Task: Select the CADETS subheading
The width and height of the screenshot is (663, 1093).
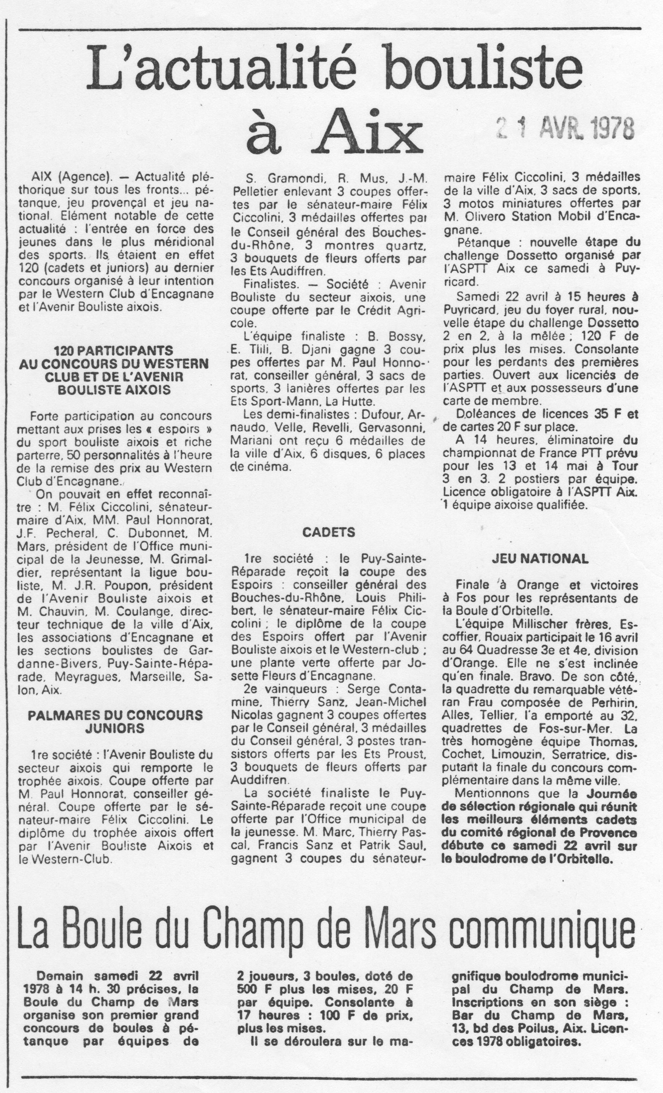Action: [x=329, y=532]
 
